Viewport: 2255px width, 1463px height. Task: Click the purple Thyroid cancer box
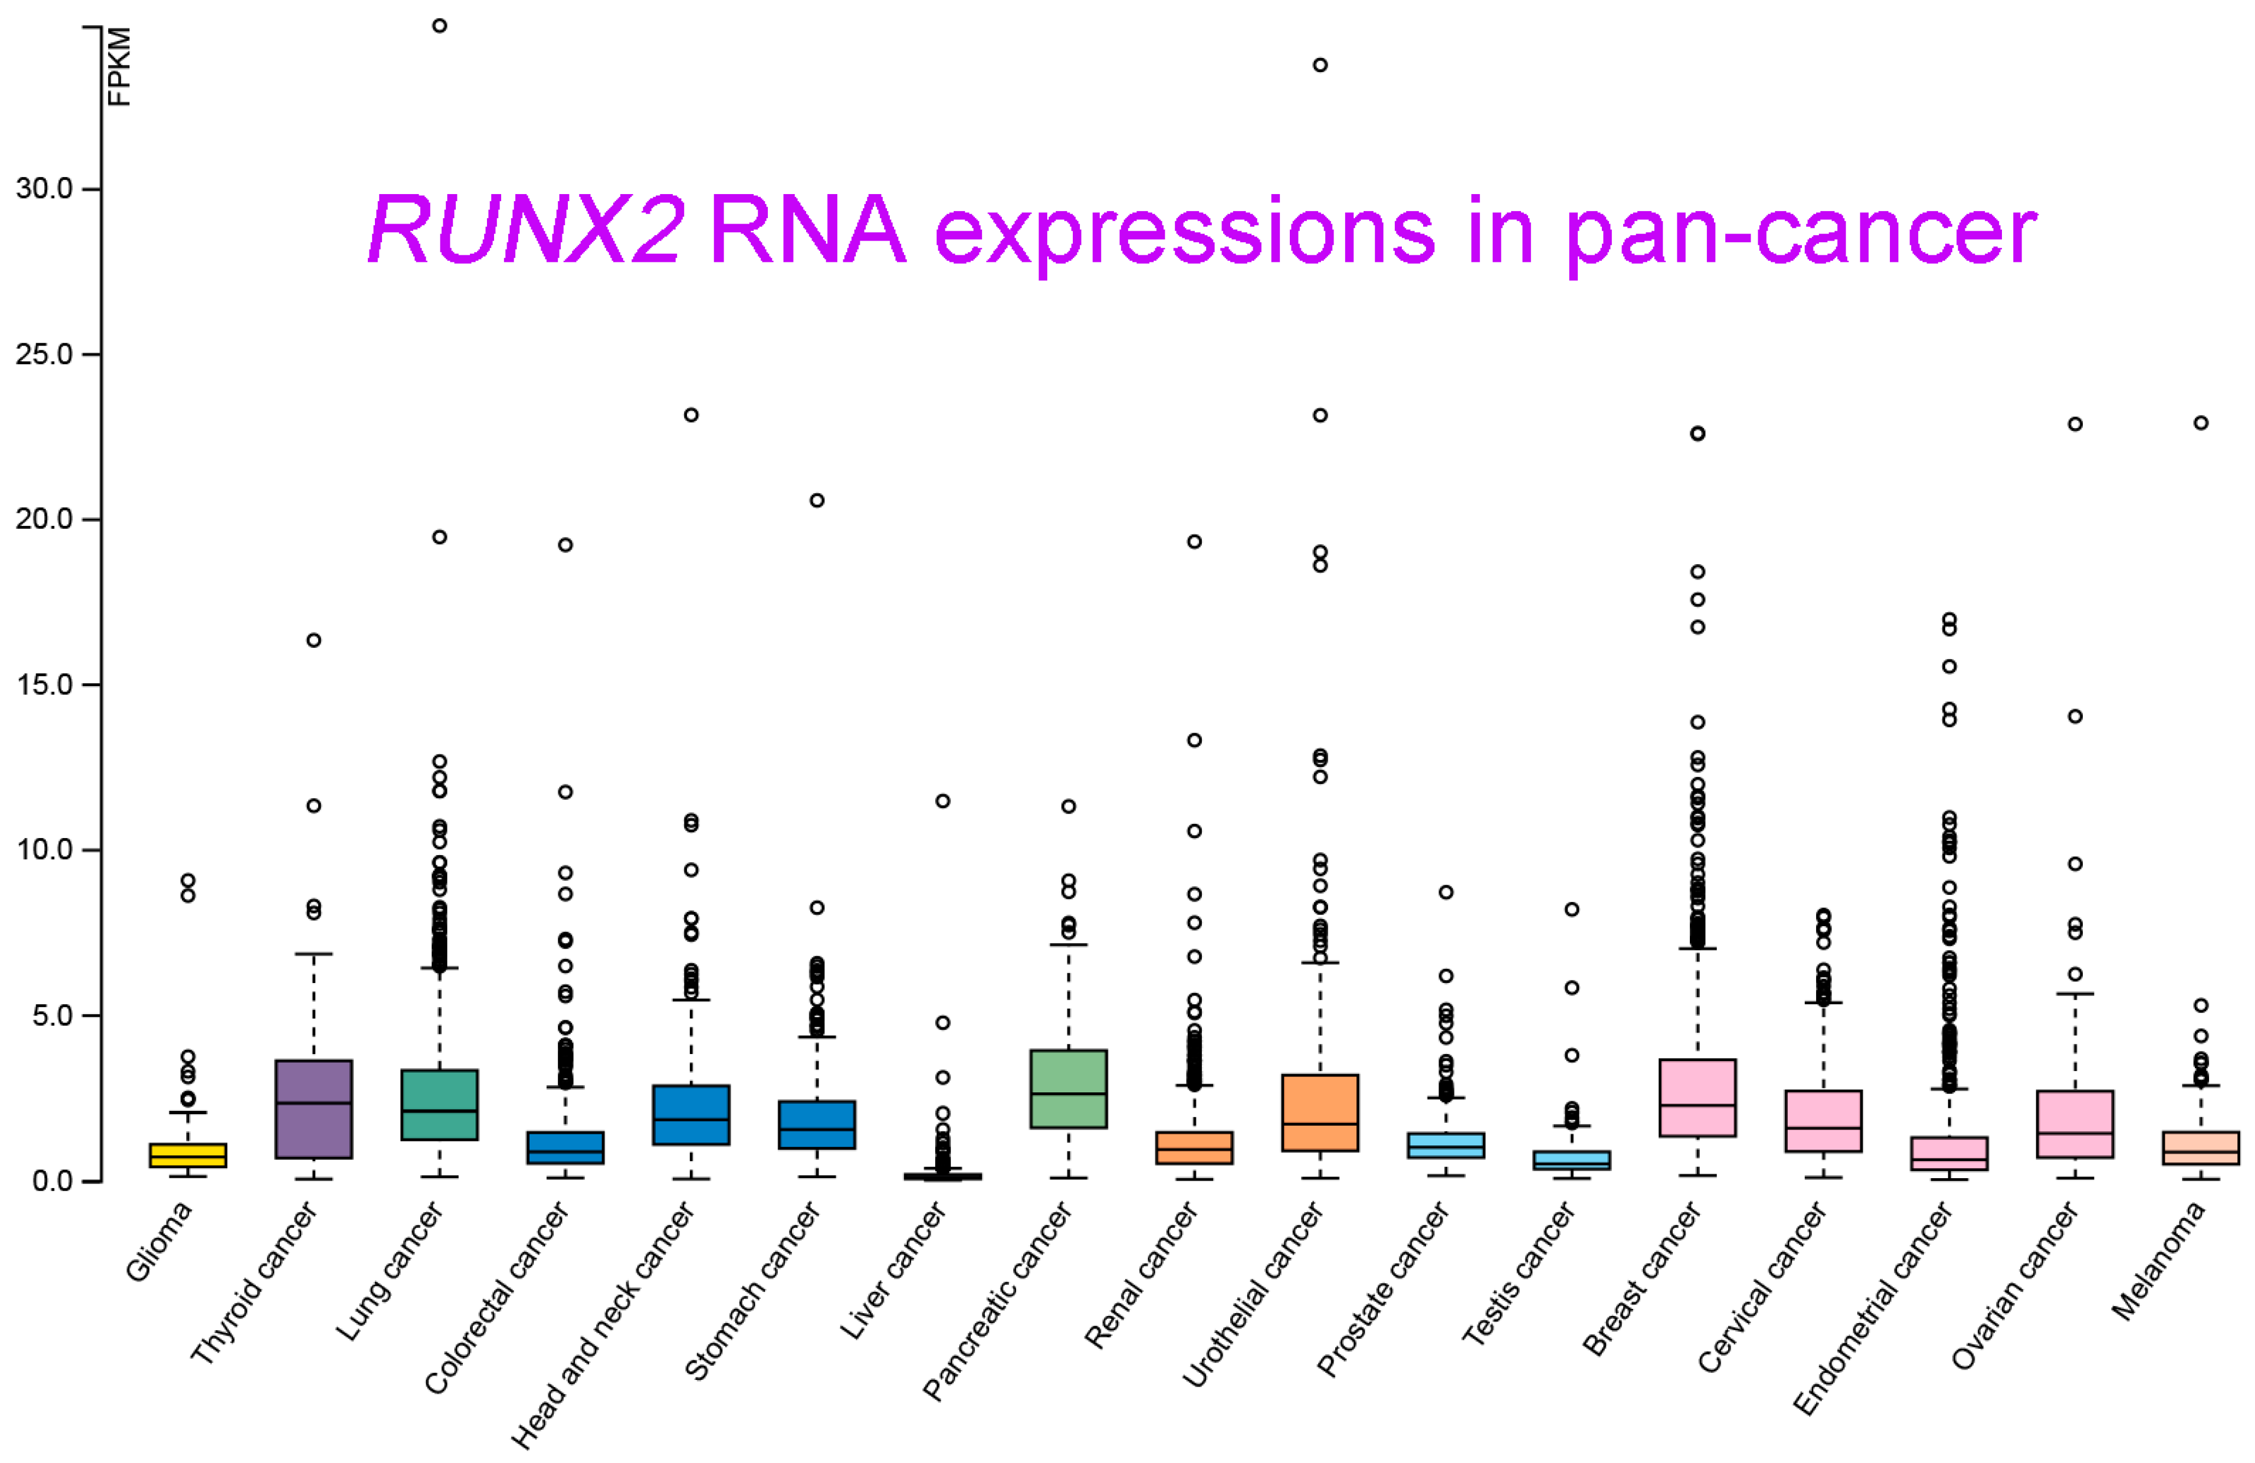coord(314,1109)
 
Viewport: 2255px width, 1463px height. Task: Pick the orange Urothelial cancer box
coord(1320,1113)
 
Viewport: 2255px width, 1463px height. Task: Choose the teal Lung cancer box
coord(439,1105)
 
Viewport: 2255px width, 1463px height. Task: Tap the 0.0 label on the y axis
coord(52,1181)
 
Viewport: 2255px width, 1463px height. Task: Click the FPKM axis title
coord(119,66)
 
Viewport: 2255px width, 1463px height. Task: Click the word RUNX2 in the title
coord(526,230)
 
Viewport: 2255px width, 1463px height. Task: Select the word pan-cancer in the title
coord(1800,232)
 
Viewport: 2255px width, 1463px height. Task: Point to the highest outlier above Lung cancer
coord(439,26)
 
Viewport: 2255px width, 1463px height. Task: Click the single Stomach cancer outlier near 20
coord(817,500)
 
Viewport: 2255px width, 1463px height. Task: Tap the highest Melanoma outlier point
coord(2201,423)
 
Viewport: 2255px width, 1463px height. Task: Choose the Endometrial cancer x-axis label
coord(1872,1308)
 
